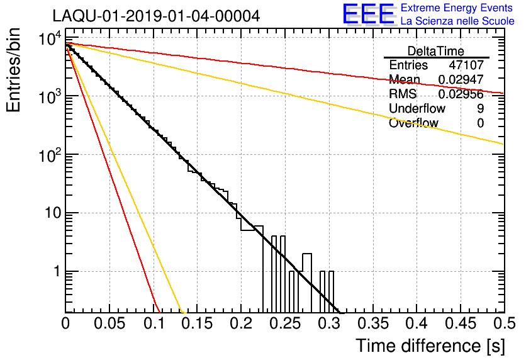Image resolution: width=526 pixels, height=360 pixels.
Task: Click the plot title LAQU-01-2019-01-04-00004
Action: (x=156, y=16)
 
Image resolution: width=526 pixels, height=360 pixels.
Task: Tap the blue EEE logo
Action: (x=369, y=14)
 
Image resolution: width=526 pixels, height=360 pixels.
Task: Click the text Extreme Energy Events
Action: (x=457, y=8)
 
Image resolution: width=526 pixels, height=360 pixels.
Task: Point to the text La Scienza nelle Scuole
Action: (x=457, y=21)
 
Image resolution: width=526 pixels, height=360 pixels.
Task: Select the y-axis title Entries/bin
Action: (x=13, y=70)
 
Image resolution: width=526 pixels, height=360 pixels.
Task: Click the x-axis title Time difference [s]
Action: (x=430, y=346)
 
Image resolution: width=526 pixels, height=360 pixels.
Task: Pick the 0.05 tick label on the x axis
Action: (x=109, y=323)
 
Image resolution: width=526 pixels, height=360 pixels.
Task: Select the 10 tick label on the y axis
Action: (x=53, y=213)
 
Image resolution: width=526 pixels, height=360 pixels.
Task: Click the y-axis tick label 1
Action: (x=57, y=271)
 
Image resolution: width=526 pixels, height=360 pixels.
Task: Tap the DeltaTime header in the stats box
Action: (x=435, y=51)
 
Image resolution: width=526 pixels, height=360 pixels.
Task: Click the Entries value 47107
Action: (x=466, y=65)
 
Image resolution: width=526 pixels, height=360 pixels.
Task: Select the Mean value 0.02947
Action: (x=461, y=79)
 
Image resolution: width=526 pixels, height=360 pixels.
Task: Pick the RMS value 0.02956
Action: (x=461, y=94)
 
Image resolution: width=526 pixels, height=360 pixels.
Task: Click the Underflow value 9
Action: (x=480, y=108)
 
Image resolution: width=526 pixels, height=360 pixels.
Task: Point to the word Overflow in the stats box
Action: (x=413, y=123)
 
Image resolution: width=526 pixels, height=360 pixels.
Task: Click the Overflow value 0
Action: (x=480, y=123)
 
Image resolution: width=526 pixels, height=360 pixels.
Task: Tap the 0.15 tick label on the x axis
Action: (x=198, y=323)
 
